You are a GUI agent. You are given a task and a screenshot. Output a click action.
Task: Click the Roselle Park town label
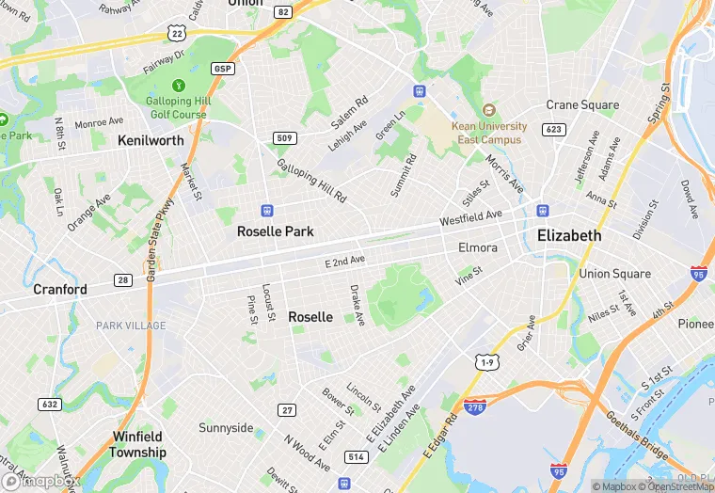[275, 231]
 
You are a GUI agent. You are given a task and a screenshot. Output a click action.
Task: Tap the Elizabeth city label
[568, 235]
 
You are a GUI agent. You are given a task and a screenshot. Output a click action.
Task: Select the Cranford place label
[60, 289]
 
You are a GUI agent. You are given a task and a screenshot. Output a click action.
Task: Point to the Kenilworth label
[151, 140]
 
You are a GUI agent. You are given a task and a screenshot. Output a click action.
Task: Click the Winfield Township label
[139, 444]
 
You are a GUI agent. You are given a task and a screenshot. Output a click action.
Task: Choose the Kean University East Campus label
[489, 133]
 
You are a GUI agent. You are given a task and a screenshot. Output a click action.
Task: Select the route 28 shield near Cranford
[123, 280]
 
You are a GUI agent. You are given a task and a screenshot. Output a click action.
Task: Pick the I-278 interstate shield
[474, 406]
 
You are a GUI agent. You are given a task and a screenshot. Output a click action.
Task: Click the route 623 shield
[553, 130]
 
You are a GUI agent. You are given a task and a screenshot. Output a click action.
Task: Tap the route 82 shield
[284, 11]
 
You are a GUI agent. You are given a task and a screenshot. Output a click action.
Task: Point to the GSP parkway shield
[223, 69]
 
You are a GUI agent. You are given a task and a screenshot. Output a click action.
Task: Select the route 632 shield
[50, 404]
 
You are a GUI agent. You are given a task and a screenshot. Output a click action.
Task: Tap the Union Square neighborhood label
[614, 274]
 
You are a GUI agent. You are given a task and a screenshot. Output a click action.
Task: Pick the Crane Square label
[583, 105]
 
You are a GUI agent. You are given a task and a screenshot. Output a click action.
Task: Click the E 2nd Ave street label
[345, 261]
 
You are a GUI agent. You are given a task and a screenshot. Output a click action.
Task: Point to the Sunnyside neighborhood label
[226, 428]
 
